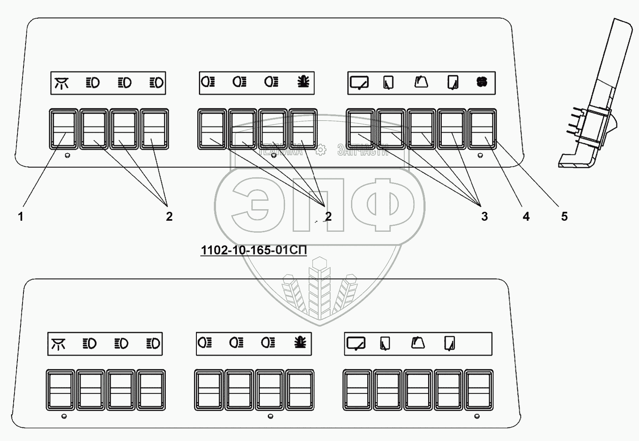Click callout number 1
20,216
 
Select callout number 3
484,216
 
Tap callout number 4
526,216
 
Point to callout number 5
564,216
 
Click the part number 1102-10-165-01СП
253,250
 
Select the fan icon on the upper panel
481,82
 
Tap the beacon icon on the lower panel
300,343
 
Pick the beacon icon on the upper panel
304,82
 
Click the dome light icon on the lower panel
59,344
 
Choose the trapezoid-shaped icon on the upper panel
421,82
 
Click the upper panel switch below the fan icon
482,129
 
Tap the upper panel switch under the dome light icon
63,129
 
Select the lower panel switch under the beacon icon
300,390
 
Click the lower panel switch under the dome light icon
60,390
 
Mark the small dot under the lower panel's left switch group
64,416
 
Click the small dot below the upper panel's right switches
481,156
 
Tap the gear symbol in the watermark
320,149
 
